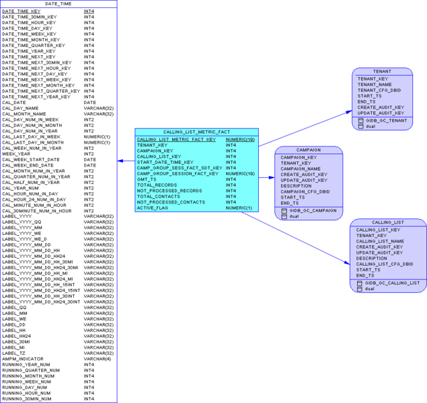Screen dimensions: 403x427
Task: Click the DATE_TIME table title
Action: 59,4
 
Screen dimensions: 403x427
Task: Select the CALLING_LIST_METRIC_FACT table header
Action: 196,132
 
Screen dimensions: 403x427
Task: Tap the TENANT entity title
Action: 382,71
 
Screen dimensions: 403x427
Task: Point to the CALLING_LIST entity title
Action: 387,222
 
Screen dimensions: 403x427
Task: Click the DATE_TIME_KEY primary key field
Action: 22,11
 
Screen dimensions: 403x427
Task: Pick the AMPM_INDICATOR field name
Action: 23,359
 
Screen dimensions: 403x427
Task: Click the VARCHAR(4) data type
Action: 98,359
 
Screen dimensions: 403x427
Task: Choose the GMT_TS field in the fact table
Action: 147,179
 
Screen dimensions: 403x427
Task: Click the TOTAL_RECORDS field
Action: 157,185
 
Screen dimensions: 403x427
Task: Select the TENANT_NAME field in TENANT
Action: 375,85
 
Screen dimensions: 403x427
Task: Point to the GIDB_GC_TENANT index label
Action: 386,120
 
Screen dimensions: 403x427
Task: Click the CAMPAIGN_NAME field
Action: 301,169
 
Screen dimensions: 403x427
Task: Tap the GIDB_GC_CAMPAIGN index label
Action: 313,210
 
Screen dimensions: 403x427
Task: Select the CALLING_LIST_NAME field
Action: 380,241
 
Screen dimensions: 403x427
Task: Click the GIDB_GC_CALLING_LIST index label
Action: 392,283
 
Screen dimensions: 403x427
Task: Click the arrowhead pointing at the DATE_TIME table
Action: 120,161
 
